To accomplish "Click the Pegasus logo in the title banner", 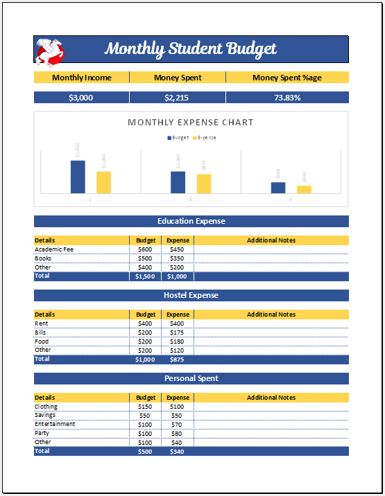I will pyautogui.click(x=50, y=49).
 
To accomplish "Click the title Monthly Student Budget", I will pyautogui.click(x=191, y=49).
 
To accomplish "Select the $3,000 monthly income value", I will pyautogui.click(x=81, y=98).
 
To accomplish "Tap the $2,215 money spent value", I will pyautogui.click(x=178, y=98).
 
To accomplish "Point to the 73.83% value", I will pyautogui.click(x=287, y=98).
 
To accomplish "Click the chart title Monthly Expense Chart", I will pyautogui.click(x=191, y=123).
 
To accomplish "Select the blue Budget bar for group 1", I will pyautogui.click(x=78, y=177).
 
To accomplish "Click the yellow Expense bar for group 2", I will pyautogui.click(x=204, y=184).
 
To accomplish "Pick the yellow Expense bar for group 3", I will pyautogui.click(x=304, y=189).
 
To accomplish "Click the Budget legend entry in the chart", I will pyautogui.click(x=178, y=138).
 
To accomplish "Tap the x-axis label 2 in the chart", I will pyautogui.click(x=190, y=200).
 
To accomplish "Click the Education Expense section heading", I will pyautogui.click(x=191, y=222).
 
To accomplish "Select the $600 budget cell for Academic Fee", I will pyautogui.click(x=145, y=249).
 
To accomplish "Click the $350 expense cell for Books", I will pyautogui.click(x=178, y=258).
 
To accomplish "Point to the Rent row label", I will pyautogui.click(x=41, y=324).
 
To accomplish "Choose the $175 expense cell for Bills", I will pyautogui.click(x=178, y=333).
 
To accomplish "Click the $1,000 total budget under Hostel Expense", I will pyautogui.click(x=145, y=360).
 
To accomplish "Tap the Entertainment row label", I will pyautogui.click(x=55, y=424).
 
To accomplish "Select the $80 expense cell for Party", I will pyautogui.click(x=178, y=433).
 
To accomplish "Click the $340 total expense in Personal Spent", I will pyautogui.click(x=178, y=451).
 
